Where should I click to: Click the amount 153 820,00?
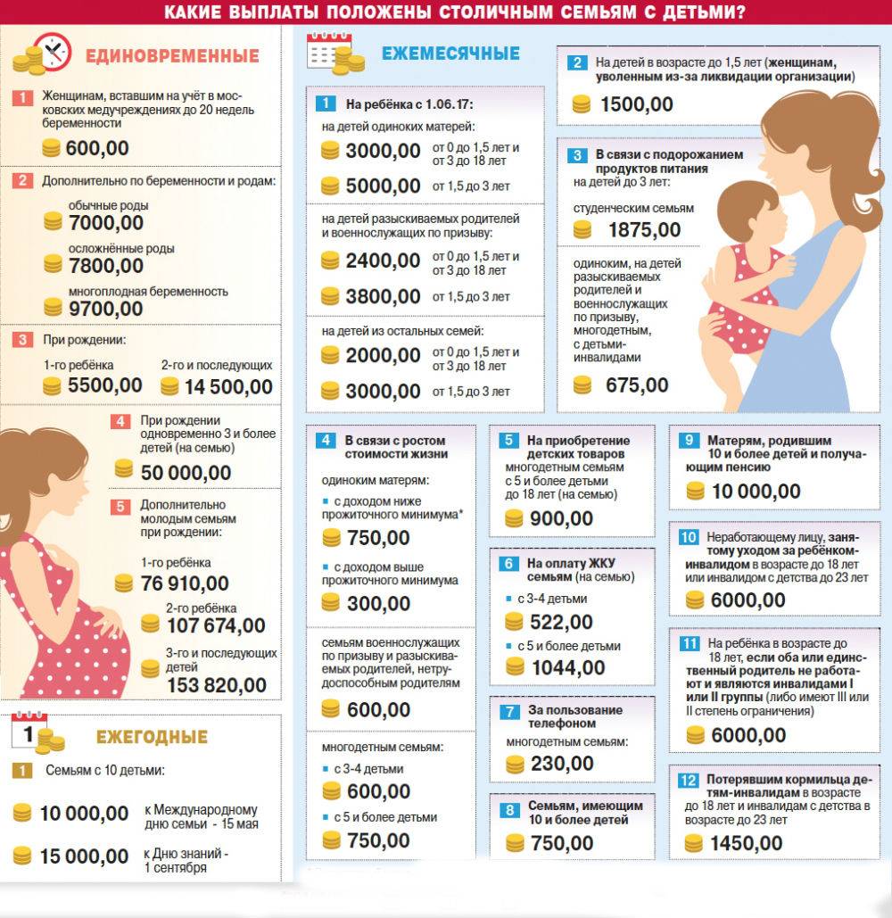click(217, 685)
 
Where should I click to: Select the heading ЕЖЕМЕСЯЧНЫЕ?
click(450, 54)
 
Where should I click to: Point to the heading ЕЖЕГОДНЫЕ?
click(152, 737)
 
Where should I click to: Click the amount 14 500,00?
click(229, 386)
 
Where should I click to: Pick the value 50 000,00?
click(185, 473)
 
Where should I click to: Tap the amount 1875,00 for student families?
click(644, 229)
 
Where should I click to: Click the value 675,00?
click(637, 385)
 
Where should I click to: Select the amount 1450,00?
click(747, 843)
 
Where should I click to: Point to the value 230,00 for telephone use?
click(562, 764)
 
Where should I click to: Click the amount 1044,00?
click(567, 667)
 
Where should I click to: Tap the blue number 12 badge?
click(688, 781)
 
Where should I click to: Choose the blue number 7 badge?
click(509, 711)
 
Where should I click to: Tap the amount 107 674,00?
click(216, 625)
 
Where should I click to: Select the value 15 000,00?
click(85, 856)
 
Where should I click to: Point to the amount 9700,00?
click(105, 309)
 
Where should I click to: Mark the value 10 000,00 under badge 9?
click(756, 492)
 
